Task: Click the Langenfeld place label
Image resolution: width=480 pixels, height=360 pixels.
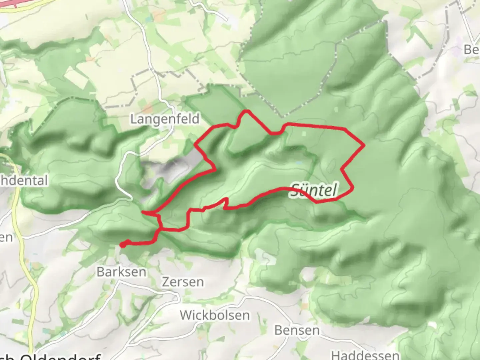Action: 165,119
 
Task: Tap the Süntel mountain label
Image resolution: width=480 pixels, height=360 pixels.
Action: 314,190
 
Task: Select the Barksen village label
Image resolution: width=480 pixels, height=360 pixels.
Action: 121,272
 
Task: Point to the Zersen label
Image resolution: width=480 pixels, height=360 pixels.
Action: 183,282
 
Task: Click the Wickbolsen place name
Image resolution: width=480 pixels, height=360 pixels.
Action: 215,315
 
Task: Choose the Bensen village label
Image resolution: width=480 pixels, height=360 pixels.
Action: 297,330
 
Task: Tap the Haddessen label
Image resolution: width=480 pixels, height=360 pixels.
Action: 365,355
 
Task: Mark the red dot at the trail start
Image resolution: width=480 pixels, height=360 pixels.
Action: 123,245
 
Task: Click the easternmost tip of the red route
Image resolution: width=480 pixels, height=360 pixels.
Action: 364,145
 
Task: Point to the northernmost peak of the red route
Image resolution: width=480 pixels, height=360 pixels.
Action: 247,111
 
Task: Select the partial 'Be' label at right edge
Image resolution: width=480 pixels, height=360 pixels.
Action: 471,50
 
